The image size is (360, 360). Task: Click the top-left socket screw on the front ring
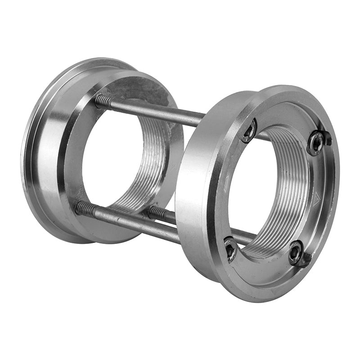[249, 131]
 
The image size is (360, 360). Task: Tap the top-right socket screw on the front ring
[316, 143]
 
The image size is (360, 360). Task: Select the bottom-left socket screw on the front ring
[230, 249]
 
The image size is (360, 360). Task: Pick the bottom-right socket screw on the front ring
[296, 254]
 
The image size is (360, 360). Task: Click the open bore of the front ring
[252, 189]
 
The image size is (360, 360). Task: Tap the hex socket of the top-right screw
[316, 143]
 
